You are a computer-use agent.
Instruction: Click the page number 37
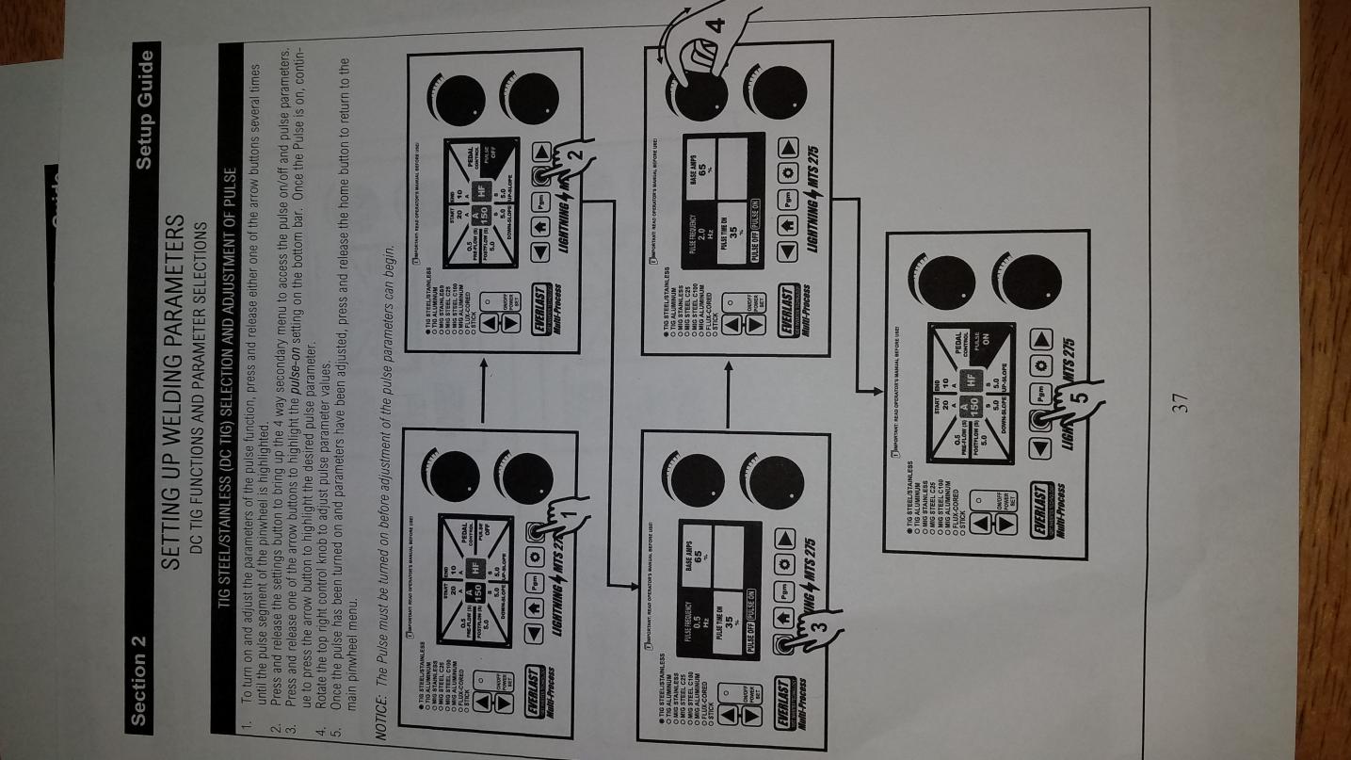coord(1181,402)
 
